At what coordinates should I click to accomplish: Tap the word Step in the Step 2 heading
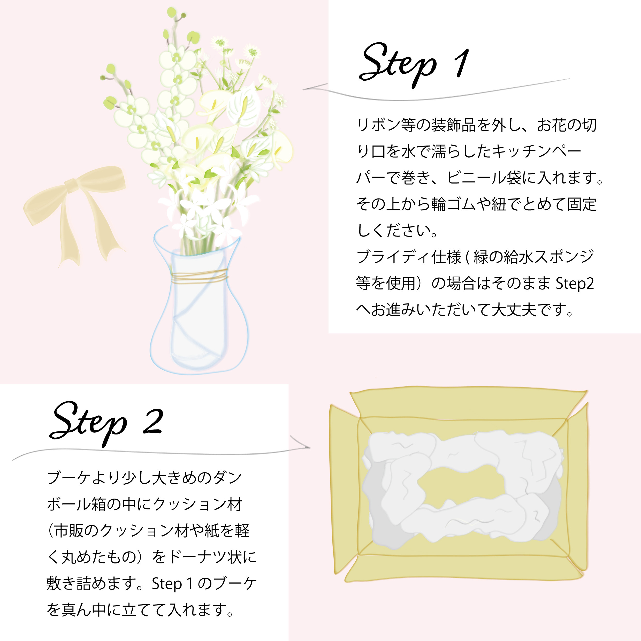pos(88,423)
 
